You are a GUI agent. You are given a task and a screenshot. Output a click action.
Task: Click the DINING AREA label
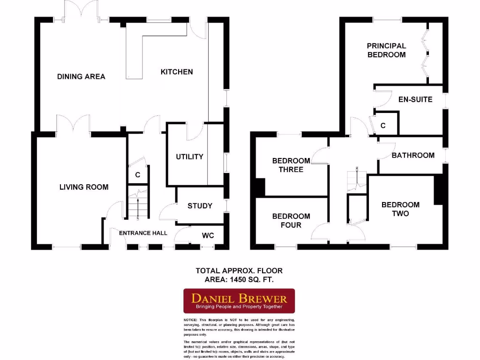81,76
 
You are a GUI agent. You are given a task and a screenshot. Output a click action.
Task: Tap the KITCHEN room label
177,72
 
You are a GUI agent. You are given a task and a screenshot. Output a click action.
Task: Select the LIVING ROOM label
84,187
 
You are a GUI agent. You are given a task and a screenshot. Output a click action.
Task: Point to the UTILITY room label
189,157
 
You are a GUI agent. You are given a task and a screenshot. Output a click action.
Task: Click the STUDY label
200,206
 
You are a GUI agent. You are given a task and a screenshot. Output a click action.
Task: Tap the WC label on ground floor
208,235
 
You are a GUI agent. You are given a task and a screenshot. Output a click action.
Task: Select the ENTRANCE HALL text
143,233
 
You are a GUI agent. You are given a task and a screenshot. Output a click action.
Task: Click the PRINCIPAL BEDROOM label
386,50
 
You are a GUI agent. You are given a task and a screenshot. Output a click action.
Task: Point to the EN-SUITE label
415,99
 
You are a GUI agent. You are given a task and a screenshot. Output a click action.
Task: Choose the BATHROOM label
413,155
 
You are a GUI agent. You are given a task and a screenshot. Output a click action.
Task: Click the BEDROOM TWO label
400,209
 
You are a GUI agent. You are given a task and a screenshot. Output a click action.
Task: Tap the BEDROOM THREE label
291,165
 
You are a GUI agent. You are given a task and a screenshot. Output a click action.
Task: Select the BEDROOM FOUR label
291,220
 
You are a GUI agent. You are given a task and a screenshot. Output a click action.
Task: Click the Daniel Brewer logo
239,300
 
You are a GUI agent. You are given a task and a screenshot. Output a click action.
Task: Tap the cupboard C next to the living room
138,175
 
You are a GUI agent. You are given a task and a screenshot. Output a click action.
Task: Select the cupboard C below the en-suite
383,126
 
